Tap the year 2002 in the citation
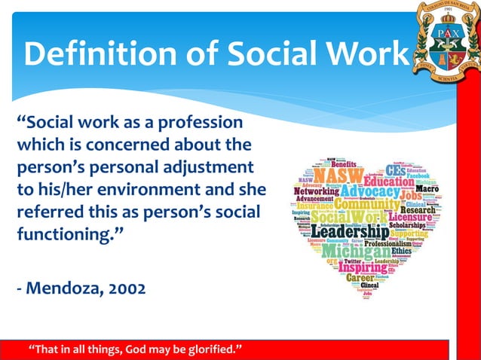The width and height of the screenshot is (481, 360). pos(121,289)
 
